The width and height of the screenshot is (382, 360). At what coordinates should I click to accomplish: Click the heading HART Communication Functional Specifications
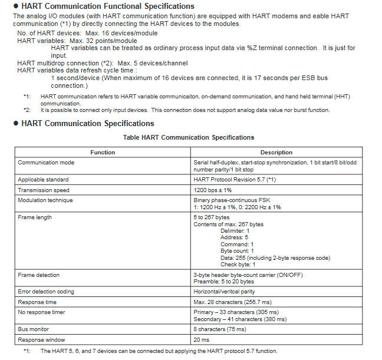click(x=108, y=6)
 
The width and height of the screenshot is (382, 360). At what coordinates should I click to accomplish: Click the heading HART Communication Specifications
click(x=88, y=123)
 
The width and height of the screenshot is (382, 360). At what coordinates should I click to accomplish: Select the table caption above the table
click(x=189, y=137)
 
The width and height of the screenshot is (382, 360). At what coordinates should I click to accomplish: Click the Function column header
click(x=103, y=153)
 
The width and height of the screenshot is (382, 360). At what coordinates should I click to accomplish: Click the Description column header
click(x=276, y=153)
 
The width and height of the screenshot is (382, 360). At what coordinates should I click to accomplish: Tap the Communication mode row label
click(x=46, y=162)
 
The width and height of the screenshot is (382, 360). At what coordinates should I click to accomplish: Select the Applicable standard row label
click(x=43, y=179)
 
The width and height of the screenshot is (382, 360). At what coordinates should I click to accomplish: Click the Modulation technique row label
click(x=45, y=200)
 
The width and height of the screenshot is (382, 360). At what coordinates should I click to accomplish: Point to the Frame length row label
click(x=35, y=217)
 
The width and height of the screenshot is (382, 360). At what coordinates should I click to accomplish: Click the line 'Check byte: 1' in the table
click(x=238, y=265)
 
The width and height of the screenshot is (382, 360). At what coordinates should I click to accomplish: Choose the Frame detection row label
click(x=39, y=275)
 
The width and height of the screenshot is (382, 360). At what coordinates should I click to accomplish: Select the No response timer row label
click(x=41, y=312)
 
